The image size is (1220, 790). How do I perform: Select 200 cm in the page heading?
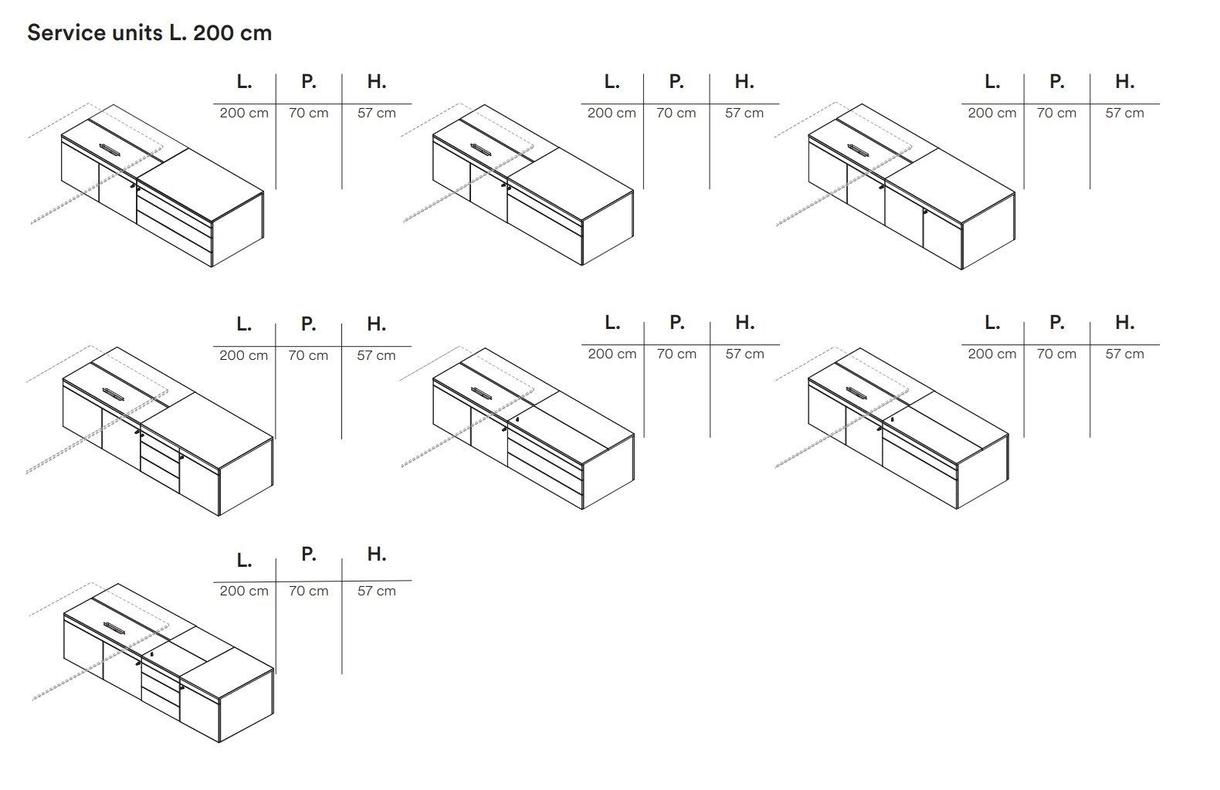[232, 33]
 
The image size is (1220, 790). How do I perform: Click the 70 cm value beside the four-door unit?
[1056, 113]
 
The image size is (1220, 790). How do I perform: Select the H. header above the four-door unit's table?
[1124, 82]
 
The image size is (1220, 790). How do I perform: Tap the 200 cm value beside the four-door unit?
[991, 113]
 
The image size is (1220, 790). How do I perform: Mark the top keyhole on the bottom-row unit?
[152, 653]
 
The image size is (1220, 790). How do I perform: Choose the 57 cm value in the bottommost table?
[376, 591]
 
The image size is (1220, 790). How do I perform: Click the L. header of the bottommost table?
[244, 560]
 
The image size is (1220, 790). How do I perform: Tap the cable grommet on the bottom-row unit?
[113, 626]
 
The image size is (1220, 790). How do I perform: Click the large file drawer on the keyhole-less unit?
[544, 236]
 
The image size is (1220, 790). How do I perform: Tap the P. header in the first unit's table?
[308, 82]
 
